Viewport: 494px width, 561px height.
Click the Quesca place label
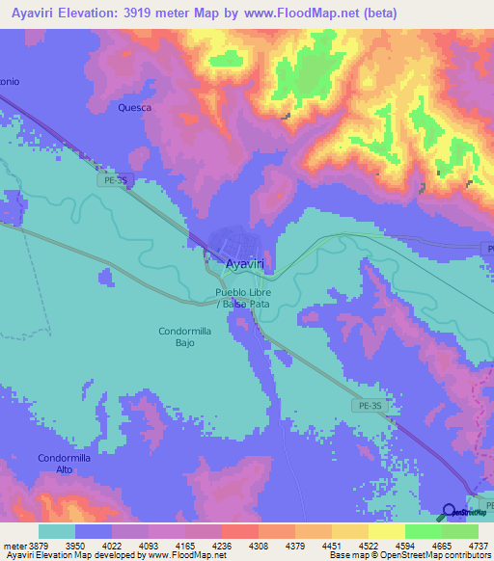click(135, 108)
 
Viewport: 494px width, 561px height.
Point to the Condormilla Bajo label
click(185, 336)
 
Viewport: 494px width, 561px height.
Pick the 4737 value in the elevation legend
click(479, 545)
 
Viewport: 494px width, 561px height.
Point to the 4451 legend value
click(334, 545)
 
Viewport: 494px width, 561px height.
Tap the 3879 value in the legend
click(41, 545)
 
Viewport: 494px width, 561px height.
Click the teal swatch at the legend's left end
click(56, 531)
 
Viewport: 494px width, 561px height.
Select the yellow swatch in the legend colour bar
click(386, 531)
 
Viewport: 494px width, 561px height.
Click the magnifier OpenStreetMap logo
click(449, 511)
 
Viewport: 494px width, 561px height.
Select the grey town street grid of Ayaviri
click(234, 241)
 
